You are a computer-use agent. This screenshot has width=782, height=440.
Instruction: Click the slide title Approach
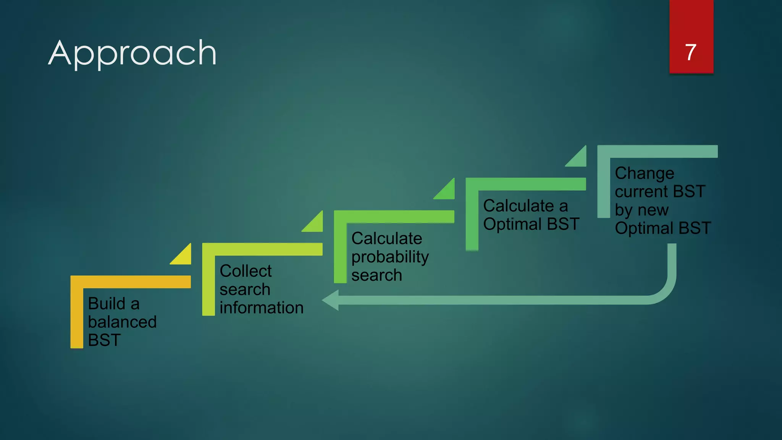coord(132,53)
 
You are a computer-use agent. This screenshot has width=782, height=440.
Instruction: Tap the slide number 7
coord(691,52)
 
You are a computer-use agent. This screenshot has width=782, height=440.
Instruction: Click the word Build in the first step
coord(107,304)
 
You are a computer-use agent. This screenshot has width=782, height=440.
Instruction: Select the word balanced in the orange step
coord(122,322)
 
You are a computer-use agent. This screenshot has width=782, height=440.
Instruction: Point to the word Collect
coord(246,271)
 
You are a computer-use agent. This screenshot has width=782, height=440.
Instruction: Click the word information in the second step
coord(262,308)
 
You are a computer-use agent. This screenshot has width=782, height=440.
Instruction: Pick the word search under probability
coord(376,275)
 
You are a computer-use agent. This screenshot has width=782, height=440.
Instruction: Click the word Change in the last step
coord(645,173)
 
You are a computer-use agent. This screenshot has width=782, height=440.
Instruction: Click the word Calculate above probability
coord(386,239)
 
